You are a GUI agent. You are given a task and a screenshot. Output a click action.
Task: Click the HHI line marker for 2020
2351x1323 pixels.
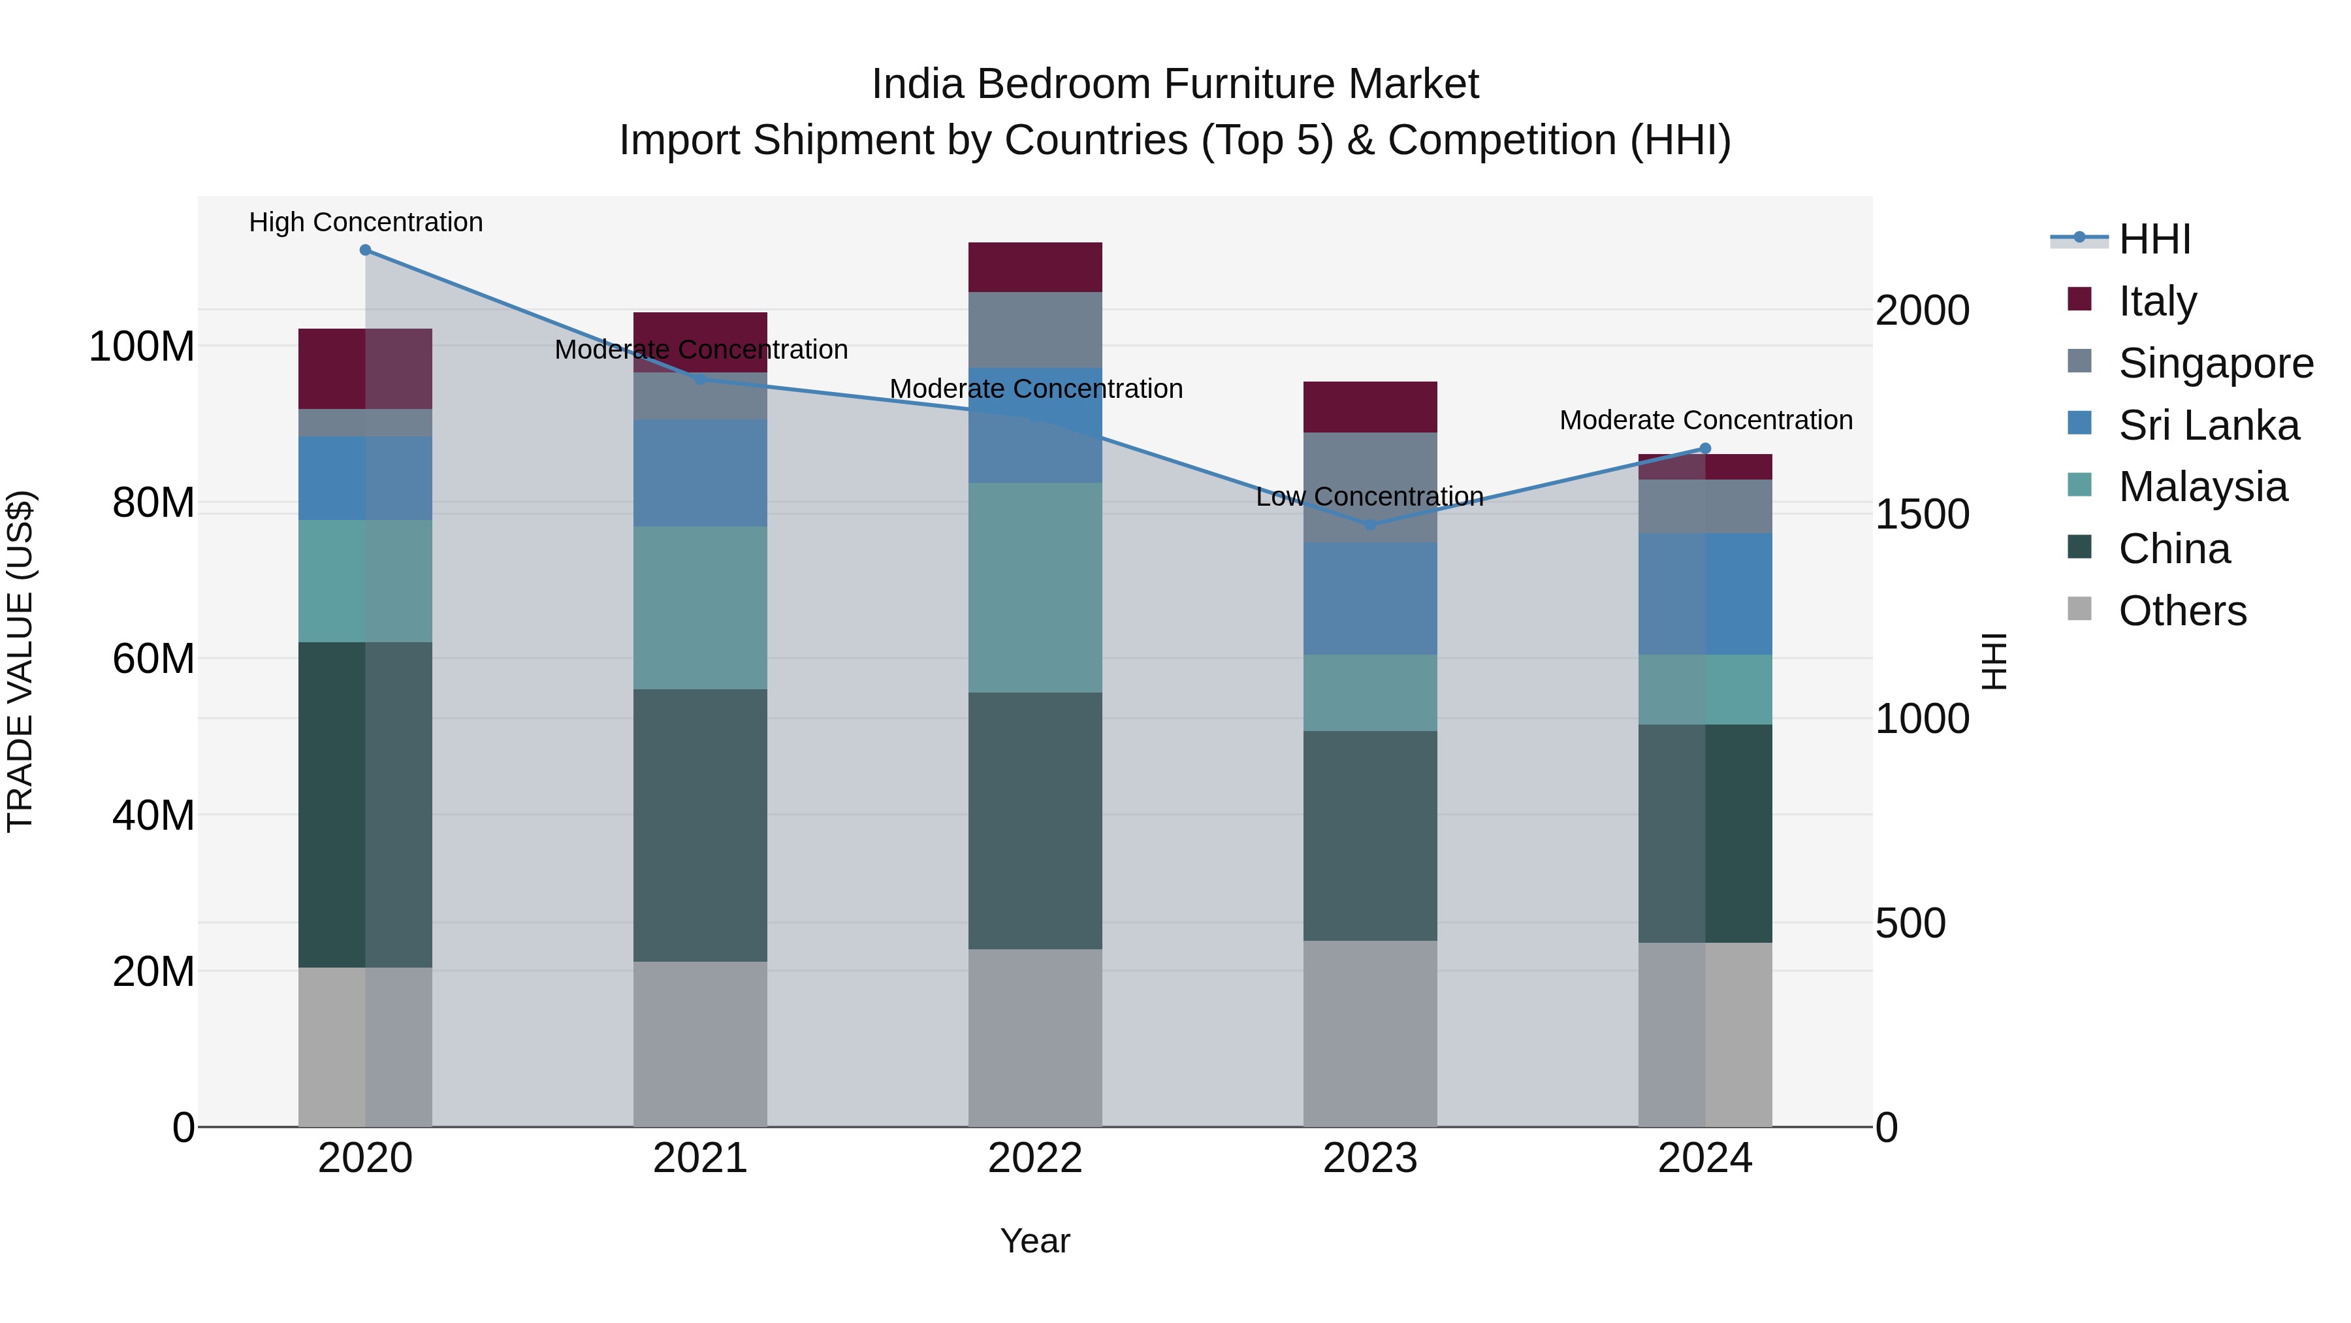pyautogui.click(x=365, y=250)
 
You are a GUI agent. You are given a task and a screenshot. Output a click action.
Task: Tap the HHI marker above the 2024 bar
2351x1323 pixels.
pyautogui.click(x=1705, y=448)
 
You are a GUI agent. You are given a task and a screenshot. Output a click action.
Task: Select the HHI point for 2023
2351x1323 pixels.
pyautogui.click(x=1370, y=525)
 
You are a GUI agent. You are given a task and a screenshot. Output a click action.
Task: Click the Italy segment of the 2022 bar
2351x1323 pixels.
pyautogui.click(x=1035, y=267)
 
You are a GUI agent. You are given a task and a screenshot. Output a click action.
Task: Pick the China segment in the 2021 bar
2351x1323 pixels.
pyautogui.click(x=700, y=825)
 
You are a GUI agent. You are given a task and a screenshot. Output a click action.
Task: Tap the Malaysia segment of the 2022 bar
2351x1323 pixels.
pyautogui.click(x=1035, y=587)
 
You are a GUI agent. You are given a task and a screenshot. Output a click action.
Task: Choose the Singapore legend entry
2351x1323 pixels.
pyautogui.click(x=2215, y=363)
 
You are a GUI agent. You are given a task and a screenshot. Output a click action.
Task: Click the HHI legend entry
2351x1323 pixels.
pyautogui.click(x=2154, y=239)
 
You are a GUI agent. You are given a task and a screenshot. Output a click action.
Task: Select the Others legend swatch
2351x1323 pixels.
pyautogui.click(x=2079, y=609)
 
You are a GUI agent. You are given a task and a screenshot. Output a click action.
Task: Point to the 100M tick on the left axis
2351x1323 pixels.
pyautogui.click(x=142, y=347)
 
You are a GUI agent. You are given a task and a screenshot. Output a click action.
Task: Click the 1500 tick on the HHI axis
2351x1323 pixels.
pyautogui.click(x=1922, y=514)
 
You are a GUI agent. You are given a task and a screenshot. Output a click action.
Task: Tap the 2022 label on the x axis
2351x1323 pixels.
pyautogui.click(x=1035, y=1158)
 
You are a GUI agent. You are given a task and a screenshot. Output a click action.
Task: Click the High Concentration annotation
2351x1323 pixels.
pyautogui.click(x=366, y=222)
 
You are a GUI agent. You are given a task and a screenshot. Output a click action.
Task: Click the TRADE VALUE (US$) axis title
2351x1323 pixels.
pyautogui.click(x=20, y=661)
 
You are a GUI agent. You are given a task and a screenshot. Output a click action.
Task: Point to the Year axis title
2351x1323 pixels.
pyautogui.click(x=1035, y=1241)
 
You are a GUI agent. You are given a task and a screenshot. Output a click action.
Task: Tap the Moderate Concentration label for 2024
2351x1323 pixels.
pyautogui.click(x=1706, y=420)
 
